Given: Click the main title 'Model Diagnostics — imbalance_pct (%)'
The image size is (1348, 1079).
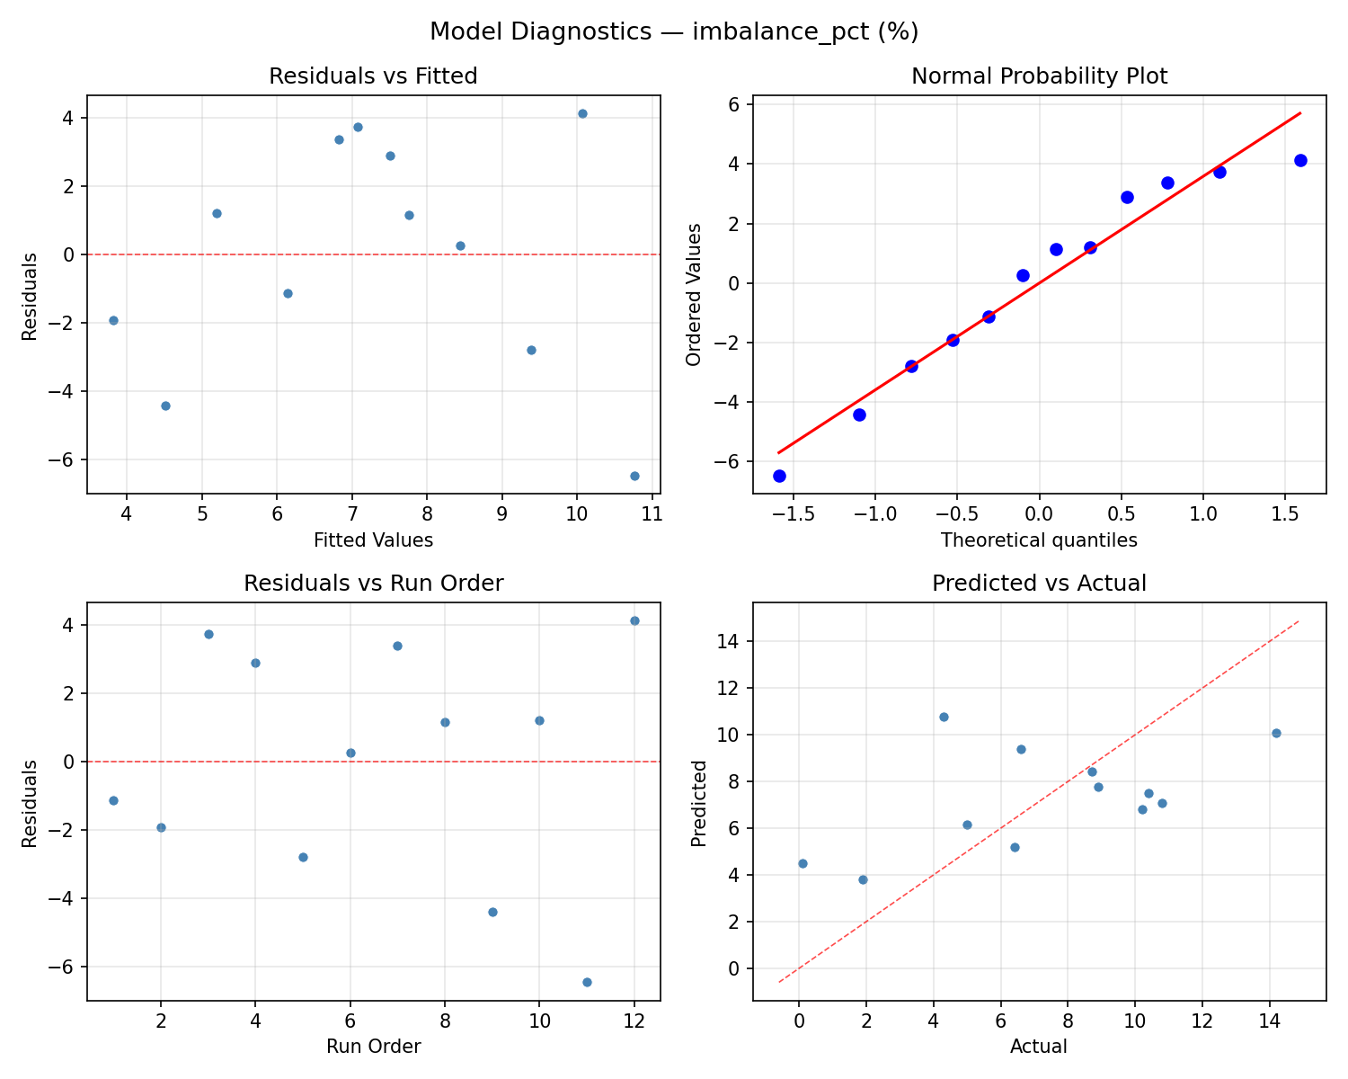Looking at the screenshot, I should click(x=673, y=31).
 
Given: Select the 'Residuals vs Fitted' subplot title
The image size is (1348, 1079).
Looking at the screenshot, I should click(x=373, y=76).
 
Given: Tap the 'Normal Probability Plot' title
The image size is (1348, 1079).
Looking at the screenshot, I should click(x=1039, y=76).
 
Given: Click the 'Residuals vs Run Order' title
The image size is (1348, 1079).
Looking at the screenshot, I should click(x=373, y=584).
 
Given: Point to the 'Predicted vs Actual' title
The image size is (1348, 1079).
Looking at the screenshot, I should click(x=1039, y=584).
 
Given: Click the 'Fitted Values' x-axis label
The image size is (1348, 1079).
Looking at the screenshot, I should click(x=373, y=540).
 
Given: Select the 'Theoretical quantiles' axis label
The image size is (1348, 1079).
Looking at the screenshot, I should click(x=1039, y=540).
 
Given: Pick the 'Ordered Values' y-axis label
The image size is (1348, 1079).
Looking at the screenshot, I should click(x=693, y=294).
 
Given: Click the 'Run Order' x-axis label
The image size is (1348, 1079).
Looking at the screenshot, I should click(x=373, y=1047).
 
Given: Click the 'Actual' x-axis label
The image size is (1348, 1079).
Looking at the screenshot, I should click(x=1039, y=1047).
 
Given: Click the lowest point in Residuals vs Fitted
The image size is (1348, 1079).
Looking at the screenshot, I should click(x=634, y=476).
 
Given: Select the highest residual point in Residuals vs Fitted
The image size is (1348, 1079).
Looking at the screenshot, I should click(x=582, y=113).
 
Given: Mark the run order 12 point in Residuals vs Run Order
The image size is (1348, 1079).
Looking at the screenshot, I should click(x=634, y=620).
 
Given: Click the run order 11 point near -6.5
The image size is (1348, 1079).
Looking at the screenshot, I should click(x=587, y=982).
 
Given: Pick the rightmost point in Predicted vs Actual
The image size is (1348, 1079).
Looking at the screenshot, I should click(x=1276, y=733).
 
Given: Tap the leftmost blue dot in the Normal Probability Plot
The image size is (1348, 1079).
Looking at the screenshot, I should click(x=779, y=476).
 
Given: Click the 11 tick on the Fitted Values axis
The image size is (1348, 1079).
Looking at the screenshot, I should click(x=652, y=513).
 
